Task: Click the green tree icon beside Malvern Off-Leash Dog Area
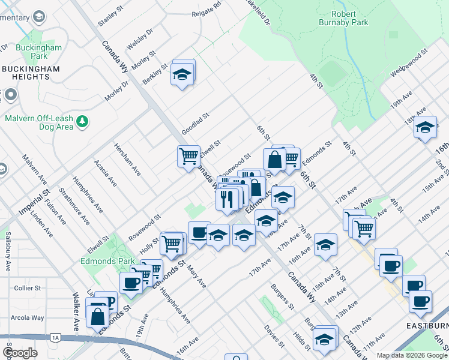coord(82,123)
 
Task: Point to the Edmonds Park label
coord(101,261)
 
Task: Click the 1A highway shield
coord(55,338)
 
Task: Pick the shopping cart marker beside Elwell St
coord(188,156)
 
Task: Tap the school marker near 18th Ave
coord(425,127)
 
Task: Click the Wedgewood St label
coord(408,62)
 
